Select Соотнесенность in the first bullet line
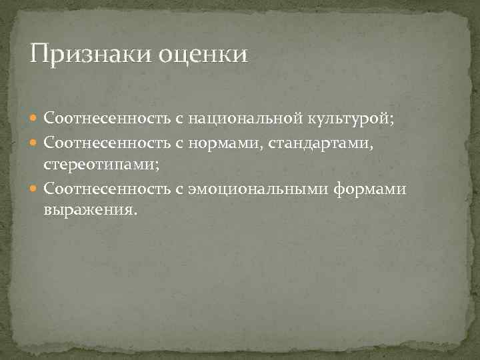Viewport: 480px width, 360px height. click(107, 119)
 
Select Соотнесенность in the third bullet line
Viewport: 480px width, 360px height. click(107, 191)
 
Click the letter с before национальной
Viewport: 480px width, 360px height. click(179, 119)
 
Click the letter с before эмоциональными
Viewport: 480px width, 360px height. click(179, 191)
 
